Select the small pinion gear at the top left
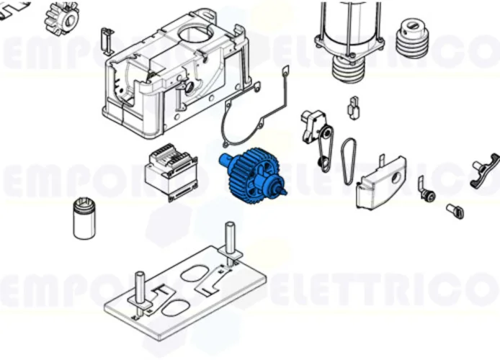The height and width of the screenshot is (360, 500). [x=63, y=16]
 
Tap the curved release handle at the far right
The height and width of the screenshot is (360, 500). [x=486, y=169]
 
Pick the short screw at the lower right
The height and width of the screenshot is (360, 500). [x=454, y=210]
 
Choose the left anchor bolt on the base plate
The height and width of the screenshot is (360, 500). [x=139, y=288]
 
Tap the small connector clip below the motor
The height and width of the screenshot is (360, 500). [x=353, y=106]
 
